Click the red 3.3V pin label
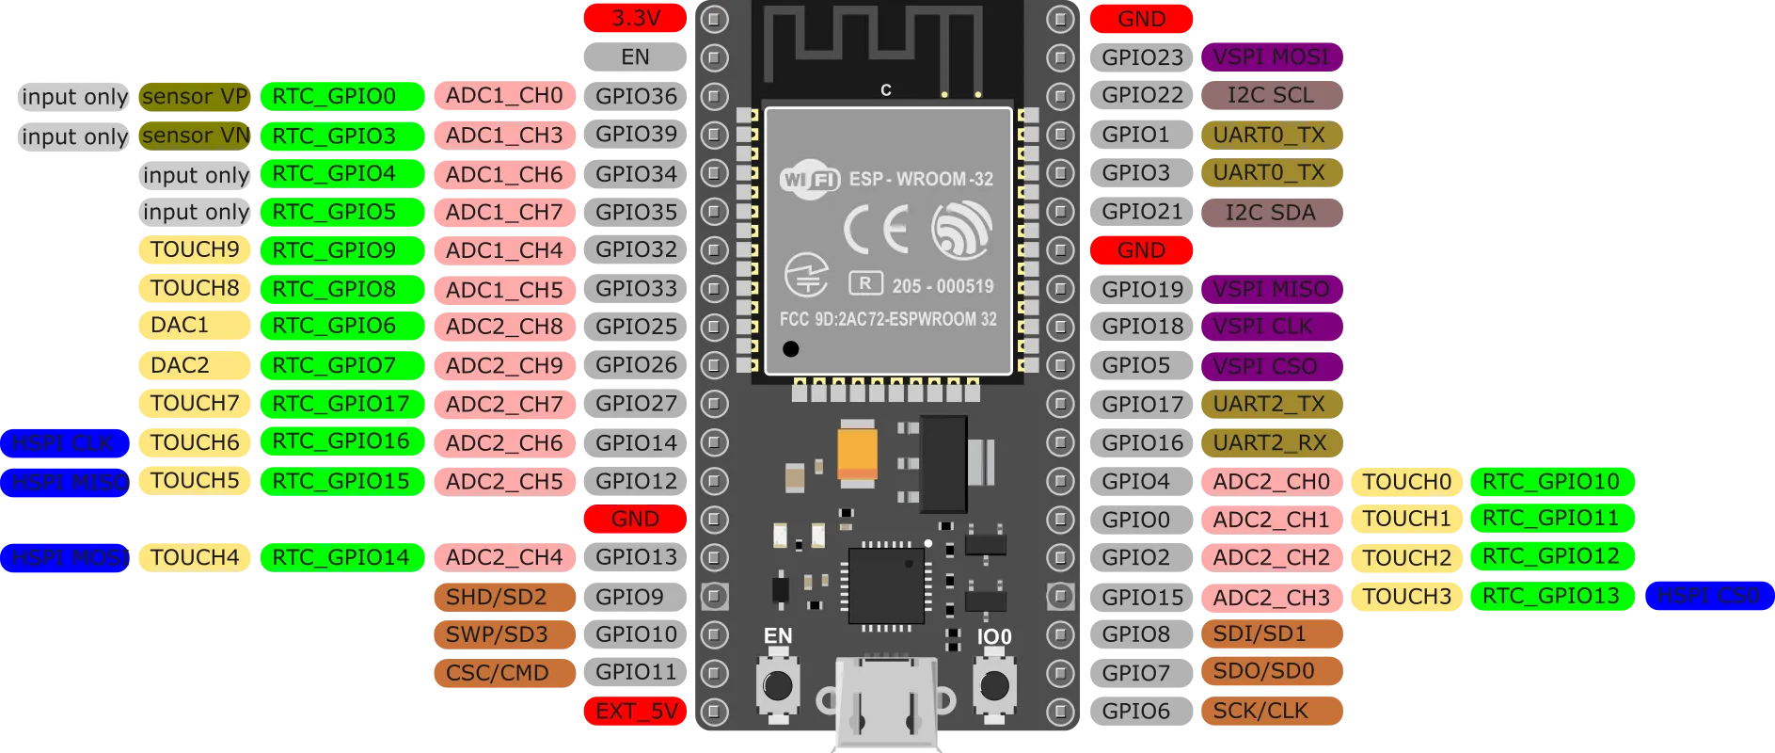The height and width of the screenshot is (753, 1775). coord(635,18)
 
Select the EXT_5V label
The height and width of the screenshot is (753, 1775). coord(635,712)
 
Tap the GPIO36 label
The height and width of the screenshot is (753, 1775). coord(636,96)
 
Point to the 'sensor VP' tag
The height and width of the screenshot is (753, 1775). coord(195,97)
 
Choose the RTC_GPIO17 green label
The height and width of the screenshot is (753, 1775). coord(341,404)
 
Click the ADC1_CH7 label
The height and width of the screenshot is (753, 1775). coord(504,212)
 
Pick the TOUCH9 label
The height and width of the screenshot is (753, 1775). coord(195,249)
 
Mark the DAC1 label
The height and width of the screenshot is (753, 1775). coord(180,326)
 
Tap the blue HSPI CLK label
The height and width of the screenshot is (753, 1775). coord(63,442)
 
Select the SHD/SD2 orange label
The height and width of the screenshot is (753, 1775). coord(496,597)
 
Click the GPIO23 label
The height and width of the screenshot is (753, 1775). coord(1142,57)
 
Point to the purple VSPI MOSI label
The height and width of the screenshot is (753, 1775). coord(1271,57)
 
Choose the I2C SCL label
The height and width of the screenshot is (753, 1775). coord(1271,96)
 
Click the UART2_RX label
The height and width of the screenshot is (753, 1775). coord(1270,442)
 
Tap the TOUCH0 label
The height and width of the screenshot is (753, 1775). coord(1407,482)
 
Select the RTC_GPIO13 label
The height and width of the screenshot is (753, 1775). coord(1551,596)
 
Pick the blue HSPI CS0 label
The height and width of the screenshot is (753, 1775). coord(1707,596)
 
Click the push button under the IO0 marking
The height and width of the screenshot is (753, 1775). coord(993,686)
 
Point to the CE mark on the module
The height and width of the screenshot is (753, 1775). coord(876,230)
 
